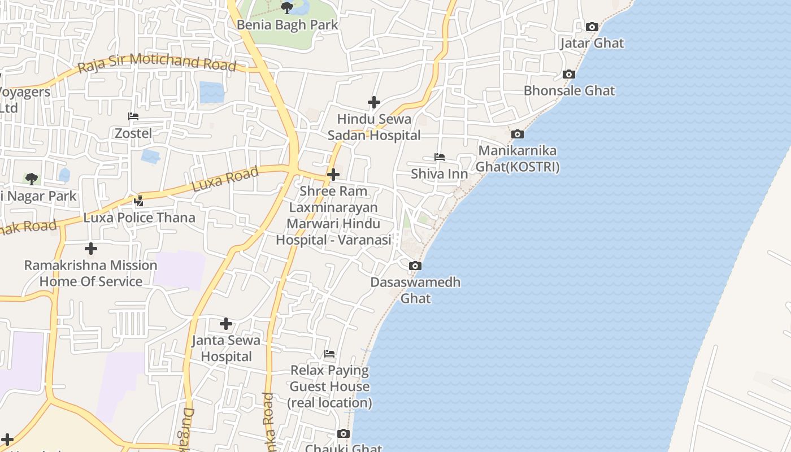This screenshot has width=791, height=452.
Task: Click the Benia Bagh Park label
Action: click(287, 25)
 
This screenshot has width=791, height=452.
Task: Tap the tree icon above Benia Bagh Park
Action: click(287, 8)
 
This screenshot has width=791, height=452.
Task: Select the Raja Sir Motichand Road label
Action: click(157, 63)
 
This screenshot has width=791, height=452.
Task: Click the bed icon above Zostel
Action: click(133, 116)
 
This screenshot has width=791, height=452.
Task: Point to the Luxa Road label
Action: click(225, 179)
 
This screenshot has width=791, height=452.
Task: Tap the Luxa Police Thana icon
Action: click(139, 201)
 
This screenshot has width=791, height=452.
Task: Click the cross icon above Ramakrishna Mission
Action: click(90, 249)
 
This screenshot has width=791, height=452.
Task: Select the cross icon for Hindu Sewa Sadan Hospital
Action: click(373, 102)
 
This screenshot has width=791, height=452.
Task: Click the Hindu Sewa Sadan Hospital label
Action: click(374, 127)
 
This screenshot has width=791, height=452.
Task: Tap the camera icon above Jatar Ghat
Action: click(592, 27)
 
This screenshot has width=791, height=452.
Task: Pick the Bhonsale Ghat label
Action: click(569, 90)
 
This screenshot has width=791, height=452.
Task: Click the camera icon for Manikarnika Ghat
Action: click(517, 134)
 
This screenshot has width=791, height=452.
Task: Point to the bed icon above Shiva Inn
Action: click(439, 157)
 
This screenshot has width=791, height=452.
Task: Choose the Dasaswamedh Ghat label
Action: click(416, 290)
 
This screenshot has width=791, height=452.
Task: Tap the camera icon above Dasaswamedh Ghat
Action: click(415, 266)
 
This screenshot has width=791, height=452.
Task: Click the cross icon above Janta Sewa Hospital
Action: click(226, 324)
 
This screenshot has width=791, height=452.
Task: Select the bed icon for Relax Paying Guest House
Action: click(329, 354)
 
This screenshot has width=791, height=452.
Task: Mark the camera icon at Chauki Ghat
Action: click(344, 434)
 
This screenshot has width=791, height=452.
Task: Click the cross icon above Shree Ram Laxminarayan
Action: click(333, 175)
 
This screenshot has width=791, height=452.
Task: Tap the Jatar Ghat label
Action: click(592, 43)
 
